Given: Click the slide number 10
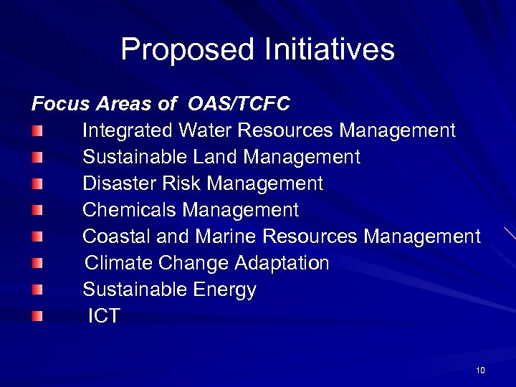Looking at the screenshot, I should (x=480, y=371).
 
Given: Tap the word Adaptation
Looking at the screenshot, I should (x=282, y=263).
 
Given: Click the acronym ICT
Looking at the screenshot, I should (x=104, y=316).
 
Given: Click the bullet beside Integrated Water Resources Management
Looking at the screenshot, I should (x=37, y=131).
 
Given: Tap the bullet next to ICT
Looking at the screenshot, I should (x=37, y=316).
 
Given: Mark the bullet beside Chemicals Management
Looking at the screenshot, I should (x=37, y=210).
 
